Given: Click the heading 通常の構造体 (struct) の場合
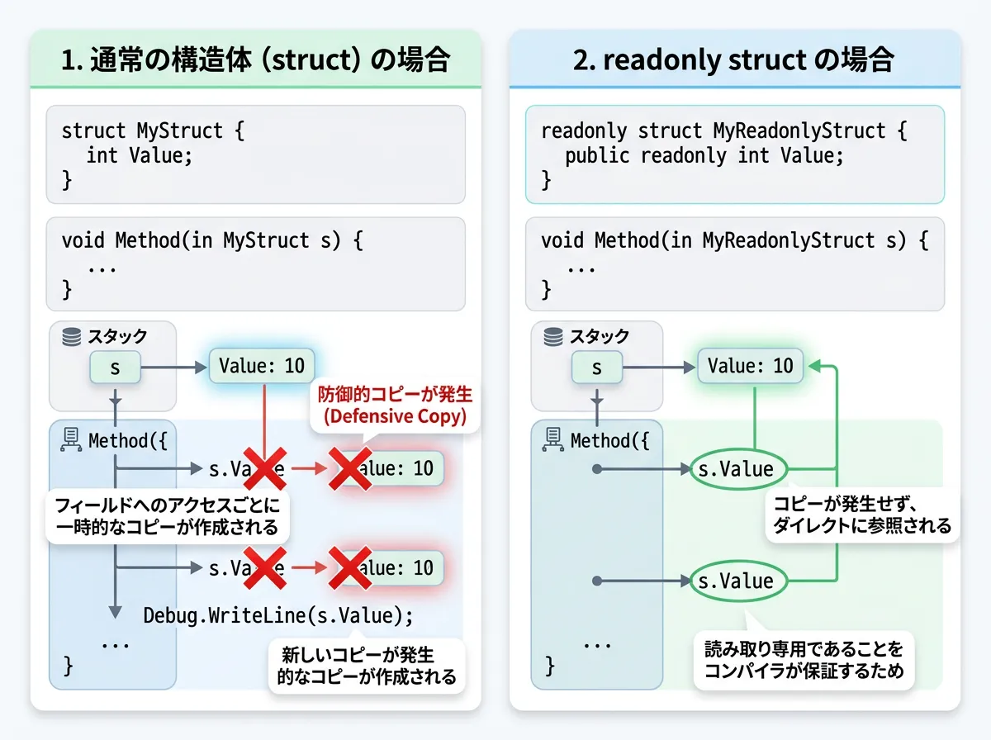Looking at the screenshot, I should [x=256, y=59].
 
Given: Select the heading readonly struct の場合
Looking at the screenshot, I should [x=734, y=59].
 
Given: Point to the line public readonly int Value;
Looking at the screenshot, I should [x=704, y=155].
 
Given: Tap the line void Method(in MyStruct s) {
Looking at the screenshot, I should [x=212, y=241].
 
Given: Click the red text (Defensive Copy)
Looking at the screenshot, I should [x=395, y=416].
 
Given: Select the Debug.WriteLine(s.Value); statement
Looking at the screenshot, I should [x=277, y=615].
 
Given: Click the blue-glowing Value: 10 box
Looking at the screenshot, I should [x=261, y=365].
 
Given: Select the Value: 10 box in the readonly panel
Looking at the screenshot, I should [x=750, y=365].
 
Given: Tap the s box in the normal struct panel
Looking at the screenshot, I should [x=115, y=368].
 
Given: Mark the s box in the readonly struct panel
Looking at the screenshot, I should [x=596, y=368].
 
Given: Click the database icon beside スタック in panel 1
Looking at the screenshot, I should [x=72, y=336].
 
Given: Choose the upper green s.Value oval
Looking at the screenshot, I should [x=735, y=469].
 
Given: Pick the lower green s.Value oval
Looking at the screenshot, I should [x=735, y=581].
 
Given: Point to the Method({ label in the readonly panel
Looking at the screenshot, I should [x=609, y=440].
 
